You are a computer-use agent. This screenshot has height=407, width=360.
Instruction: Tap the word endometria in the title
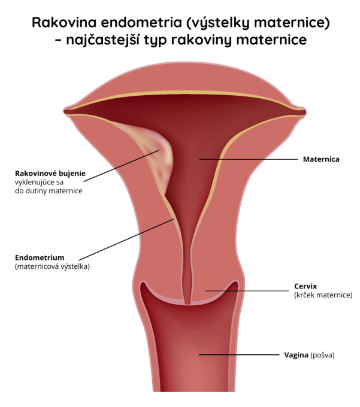[141, 22]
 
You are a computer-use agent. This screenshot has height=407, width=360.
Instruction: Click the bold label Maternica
[321, 159]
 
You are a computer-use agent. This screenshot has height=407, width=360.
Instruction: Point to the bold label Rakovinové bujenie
[50, 174]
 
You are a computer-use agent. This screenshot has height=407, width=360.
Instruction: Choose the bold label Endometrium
[40, 257]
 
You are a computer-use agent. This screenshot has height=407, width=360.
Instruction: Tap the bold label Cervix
[305, 286]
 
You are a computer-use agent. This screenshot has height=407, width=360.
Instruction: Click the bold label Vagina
[296, 355]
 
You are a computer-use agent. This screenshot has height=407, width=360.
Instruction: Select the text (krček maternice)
[323, 295]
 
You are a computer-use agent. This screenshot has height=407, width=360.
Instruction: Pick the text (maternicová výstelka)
[52, 266]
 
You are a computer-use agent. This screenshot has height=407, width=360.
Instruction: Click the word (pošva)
[322, 355]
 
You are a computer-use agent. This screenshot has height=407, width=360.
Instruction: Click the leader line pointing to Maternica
[249, 159]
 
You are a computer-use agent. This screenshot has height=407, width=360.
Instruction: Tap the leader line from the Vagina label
[239, 354]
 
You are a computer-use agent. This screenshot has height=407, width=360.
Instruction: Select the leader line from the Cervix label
[247, 291]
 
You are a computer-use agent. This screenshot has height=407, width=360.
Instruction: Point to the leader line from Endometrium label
[126, 239]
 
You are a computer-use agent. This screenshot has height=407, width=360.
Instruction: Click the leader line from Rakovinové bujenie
[122, 166]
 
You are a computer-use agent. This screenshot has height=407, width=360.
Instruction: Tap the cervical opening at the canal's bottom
[187, 303]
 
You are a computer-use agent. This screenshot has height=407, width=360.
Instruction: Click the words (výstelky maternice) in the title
[258, 23]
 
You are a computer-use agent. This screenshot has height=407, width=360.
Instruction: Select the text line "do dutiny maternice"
[49, 191]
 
